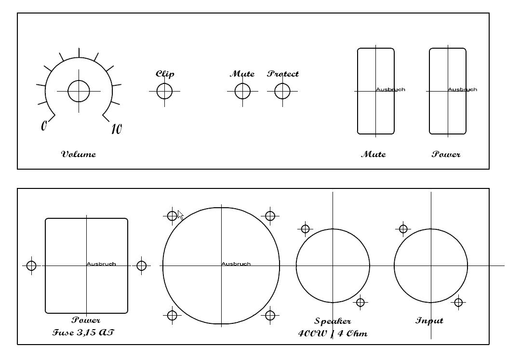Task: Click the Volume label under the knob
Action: [x=79, y=154]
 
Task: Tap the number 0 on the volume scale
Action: [x=44, y=125]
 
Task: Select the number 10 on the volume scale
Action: [x=117, y=129]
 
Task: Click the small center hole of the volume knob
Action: [x=79, y=91]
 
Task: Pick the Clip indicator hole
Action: [x=164, y=91]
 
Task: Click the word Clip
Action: [x=165, y=74]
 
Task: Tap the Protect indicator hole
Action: [x=282, y=91]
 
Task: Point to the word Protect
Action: [x=283, y=74]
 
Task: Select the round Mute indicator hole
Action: [x=242, y=91]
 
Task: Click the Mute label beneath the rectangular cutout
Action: [x=374, y=154]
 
